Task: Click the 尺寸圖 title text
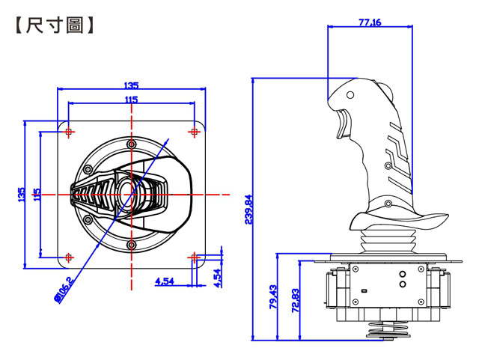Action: click(55, 25)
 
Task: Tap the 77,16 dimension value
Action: click(370, 22)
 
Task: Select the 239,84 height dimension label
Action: click(249, 210)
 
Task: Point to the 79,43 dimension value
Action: click(273, 296)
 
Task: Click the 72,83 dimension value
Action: click(296, 300)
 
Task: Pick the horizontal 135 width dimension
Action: click(131, 85)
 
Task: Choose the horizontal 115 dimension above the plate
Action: click(131, 100)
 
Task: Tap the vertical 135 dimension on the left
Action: click(22, 195)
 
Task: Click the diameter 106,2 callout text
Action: click(63, 290)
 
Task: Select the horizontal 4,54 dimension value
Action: click(165, 281)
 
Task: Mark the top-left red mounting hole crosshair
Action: click(69, 132)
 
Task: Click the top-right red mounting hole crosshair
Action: click(194, 132)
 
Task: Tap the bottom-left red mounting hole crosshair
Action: click(69, 257)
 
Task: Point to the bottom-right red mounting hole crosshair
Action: click(194, 257)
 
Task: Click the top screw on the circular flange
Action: click(132, 144)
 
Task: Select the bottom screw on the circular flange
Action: click(132, 245)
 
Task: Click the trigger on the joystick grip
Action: click(343, 125)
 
